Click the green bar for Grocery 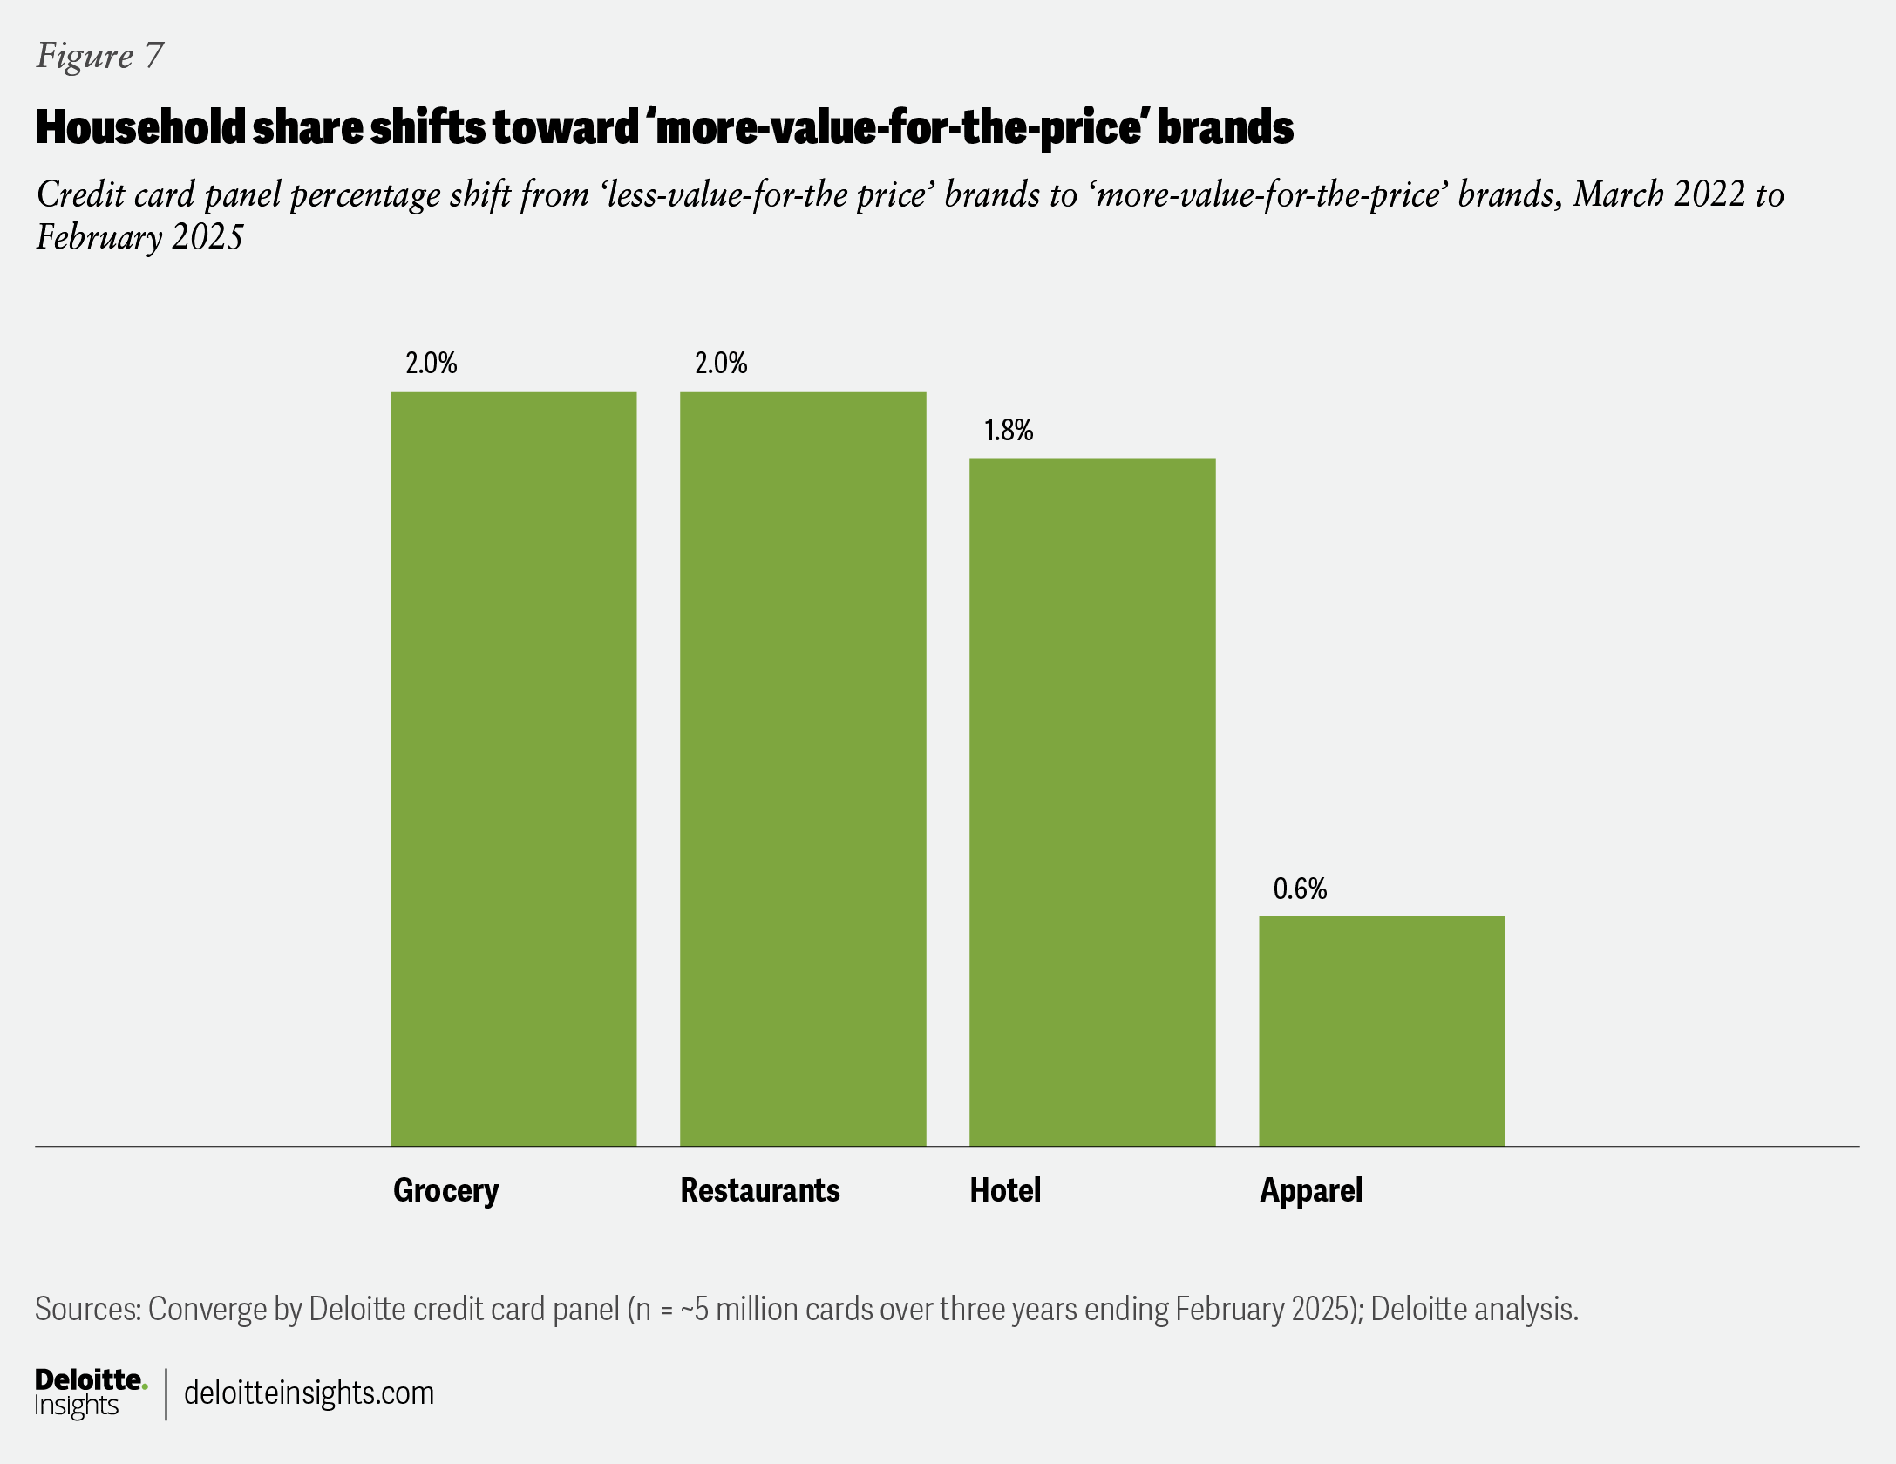[x=513, y=767]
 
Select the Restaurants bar [x=802, y=767]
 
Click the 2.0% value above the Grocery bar [x=431, y=363]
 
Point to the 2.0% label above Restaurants [x=720, y=363]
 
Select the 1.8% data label [x=1008, y=430]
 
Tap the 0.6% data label [x=1299, y=889]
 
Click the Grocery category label [x=445, y=1190]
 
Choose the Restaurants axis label [x=759, y=1190]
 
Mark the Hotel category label [x=1005, y=1190]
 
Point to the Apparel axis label [x=1310, y=1190]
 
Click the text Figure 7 [x=99, y=56]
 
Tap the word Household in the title [x=140, y=127]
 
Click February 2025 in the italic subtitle [x=139, y=237]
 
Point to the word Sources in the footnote [x=87, y=1309]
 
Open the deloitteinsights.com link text [x=309, y=1393]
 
